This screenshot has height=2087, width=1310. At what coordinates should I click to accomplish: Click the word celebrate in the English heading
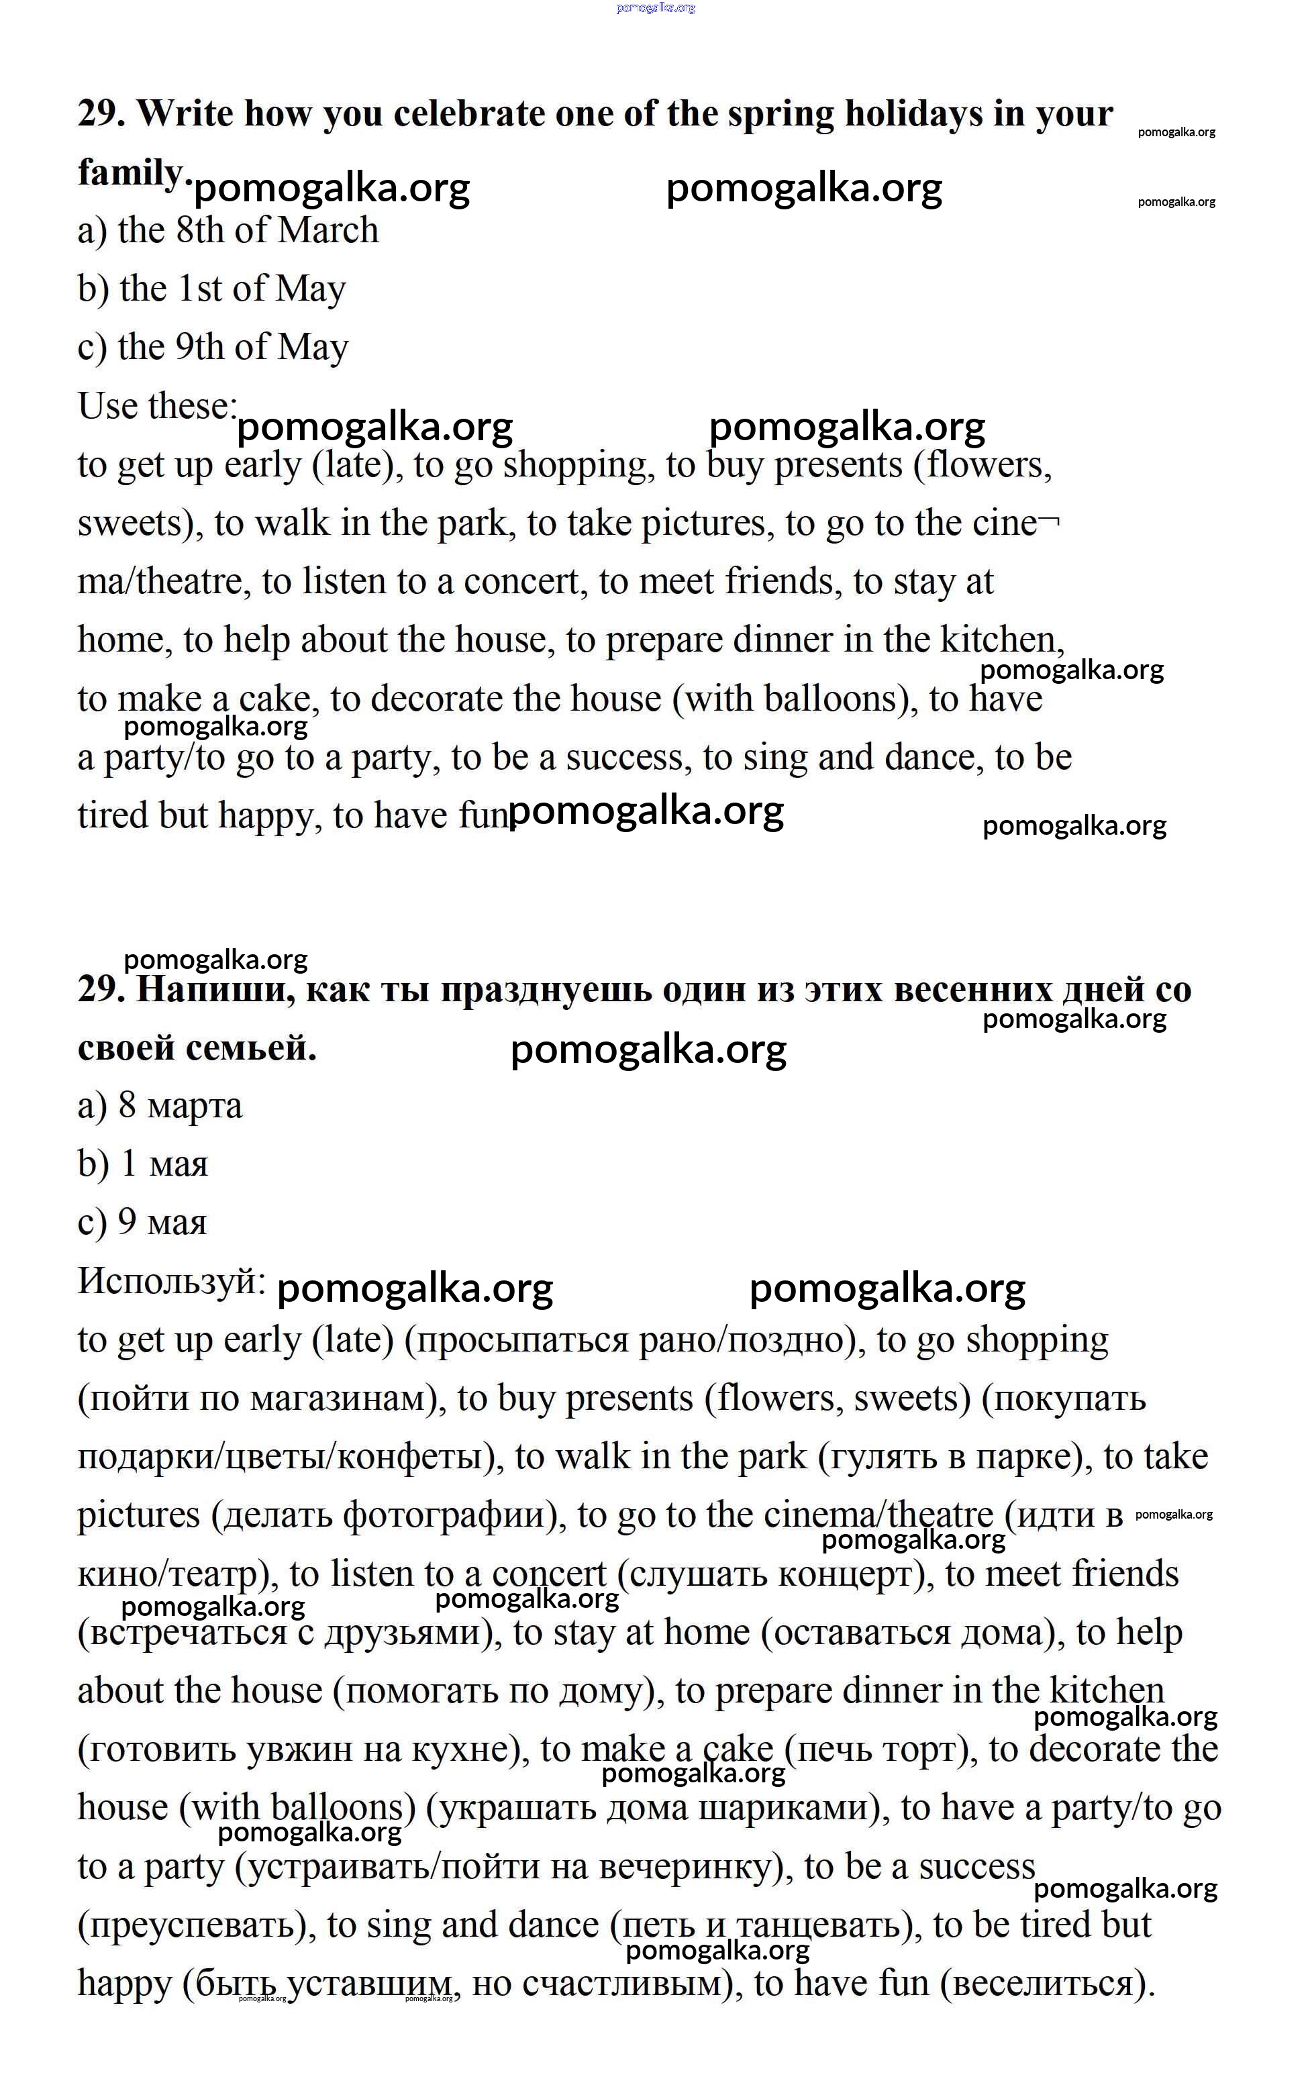(468, 113)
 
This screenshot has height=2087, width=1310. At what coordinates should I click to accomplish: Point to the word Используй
(170, 1280)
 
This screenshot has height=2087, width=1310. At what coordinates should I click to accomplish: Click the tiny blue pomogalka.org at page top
(656, 8)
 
